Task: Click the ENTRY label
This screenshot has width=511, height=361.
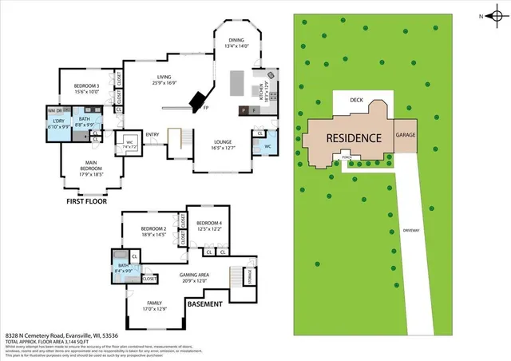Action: coord(153,134)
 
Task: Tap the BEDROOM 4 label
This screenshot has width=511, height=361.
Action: coord(208,223)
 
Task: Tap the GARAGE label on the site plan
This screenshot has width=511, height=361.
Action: coord(406,135)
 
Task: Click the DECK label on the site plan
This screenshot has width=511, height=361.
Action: coord(357,101)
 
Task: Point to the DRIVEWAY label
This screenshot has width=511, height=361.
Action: coord(412,229)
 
